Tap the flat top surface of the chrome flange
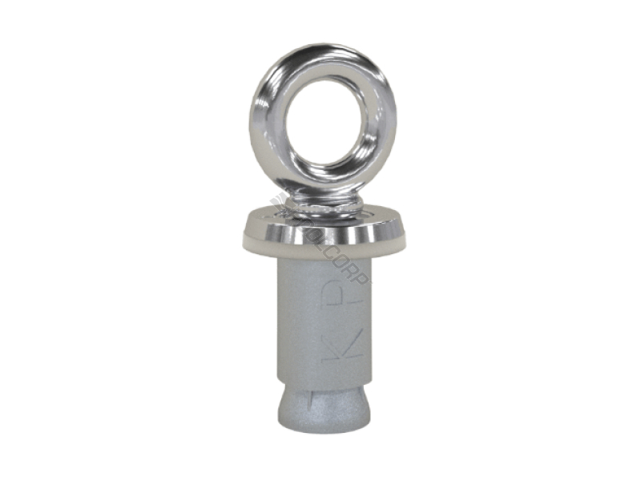pos(361,216)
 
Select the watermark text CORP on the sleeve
pos(353,269)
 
